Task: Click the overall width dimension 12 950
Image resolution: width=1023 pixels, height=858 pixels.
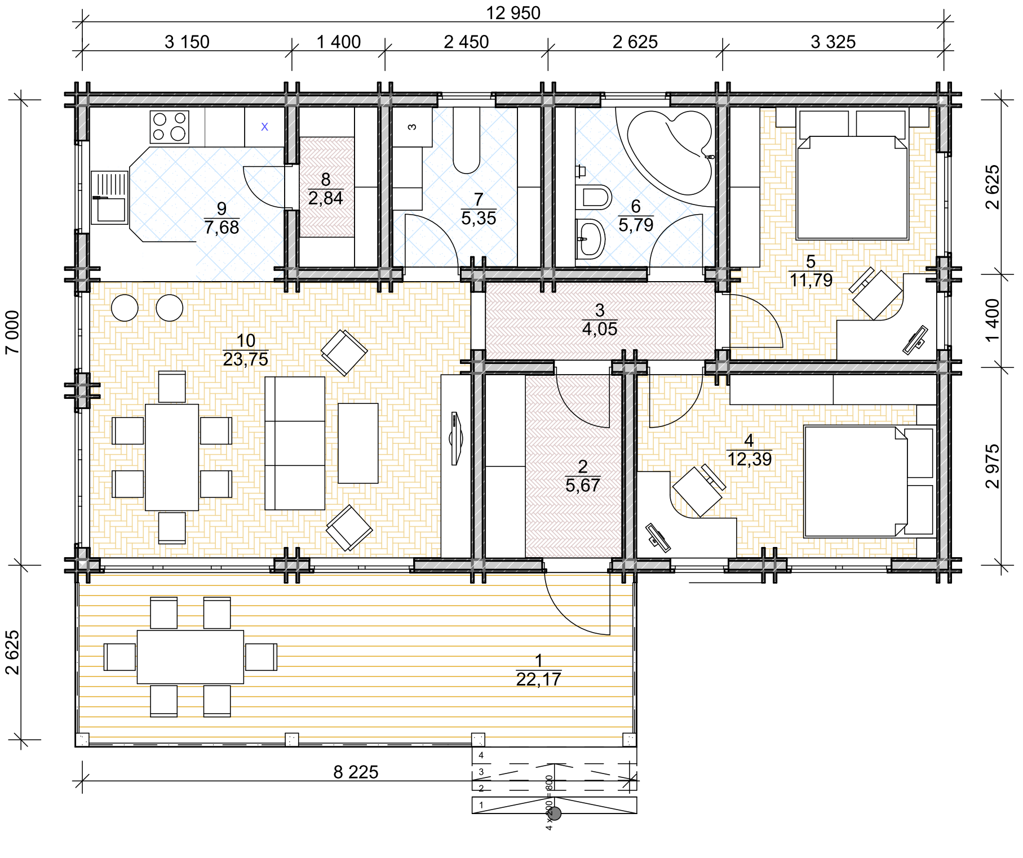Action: pos(513,13)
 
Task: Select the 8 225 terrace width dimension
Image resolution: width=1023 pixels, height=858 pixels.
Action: pos(356,772)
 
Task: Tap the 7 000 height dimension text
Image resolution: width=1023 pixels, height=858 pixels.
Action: pos(12,332)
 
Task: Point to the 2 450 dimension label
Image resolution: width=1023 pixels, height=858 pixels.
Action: pos(466,42)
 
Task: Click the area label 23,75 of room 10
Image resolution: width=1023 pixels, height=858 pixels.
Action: pos(246,359)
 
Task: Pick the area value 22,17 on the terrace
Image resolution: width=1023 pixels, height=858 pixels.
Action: pos(538,679)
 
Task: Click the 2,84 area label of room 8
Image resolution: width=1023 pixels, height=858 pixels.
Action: pos(326,198)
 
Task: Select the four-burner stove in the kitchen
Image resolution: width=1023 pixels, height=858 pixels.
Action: pos(170,127)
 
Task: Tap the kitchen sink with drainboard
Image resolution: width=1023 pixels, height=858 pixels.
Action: pos(110,198)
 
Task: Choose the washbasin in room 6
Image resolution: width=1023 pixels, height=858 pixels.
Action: pos(590,239)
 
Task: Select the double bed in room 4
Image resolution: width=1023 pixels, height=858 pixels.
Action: pos(869,482)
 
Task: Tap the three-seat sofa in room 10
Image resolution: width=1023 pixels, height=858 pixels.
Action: pos(295,443)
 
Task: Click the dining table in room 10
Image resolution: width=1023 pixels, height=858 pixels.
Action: pos(172,457)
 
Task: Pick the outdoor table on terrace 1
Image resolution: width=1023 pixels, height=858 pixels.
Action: pos(191,657)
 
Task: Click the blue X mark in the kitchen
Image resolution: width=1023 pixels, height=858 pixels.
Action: pos(264,127)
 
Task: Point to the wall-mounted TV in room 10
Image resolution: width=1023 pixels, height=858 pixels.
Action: pos(455,438)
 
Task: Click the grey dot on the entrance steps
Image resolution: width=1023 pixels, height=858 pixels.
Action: pos(555,813)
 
